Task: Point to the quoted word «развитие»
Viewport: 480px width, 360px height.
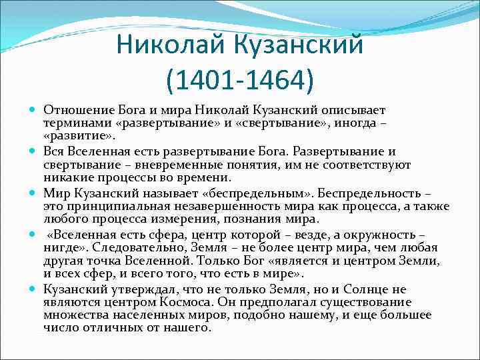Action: click(79, 137)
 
